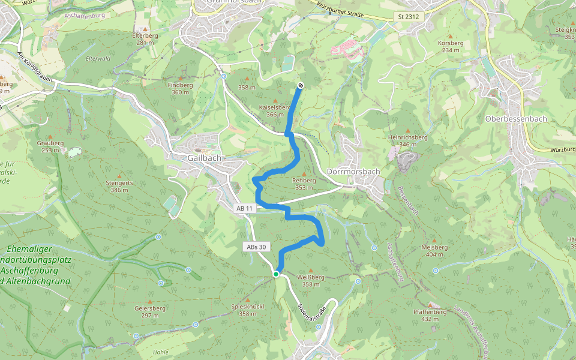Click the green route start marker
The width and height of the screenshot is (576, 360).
point(276,274)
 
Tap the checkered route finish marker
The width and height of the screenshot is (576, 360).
point(301,85)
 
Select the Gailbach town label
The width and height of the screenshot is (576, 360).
point(204,158)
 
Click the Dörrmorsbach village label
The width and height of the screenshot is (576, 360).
point(354,172)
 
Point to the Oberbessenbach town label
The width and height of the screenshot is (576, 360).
point(516,119)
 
